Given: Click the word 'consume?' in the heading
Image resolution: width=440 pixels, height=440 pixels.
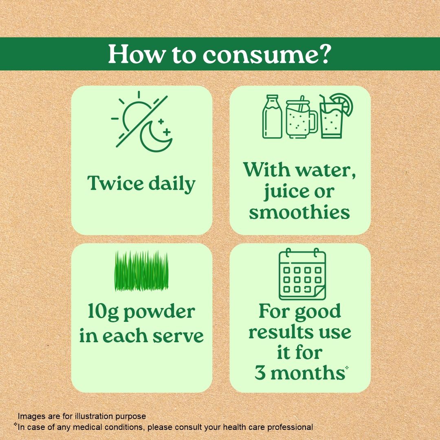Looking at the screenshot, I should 266,55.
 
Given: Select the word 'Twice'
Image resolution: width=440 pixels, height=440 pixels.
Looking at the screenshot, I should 114,184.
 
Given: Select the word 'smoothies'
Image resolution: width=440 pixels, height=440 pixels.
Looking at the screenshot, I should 299,212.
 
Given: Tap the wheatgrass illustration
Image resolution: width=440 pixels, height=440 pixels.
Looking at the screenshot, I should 141,271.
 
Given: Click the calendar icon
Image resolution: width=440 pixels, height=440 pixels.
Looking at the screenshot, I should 302,275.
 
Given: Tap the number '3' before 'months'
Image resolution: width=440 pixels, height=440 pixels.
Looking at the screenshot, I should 260,373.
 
